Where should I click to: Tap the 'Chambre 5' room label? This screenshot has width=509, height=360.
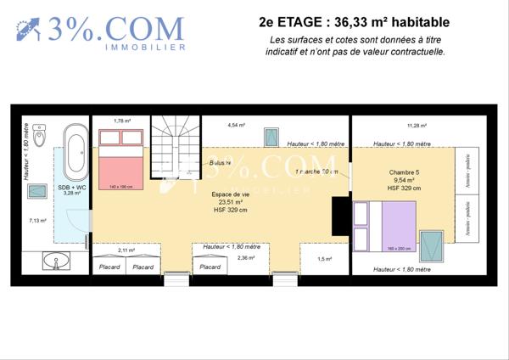coord(403,172)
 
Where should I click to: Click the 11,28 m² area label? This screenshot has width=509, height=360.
coord(417,124)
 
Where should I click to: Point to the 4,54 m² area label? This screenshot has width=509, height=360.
coord(236,125)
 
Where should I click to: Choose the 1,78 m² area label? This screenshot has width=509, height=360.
coord(123,121)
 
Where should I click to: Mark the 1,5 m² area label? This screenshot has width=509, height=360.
coord(325,258)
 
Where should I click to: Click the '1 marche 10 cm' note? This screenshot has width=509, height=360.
coord(317,172)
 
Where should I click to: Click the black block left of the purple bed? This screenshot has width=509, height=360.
coord(340,216)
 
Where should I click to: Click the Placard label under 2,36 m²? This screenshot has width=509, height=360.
coord(210,267)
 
